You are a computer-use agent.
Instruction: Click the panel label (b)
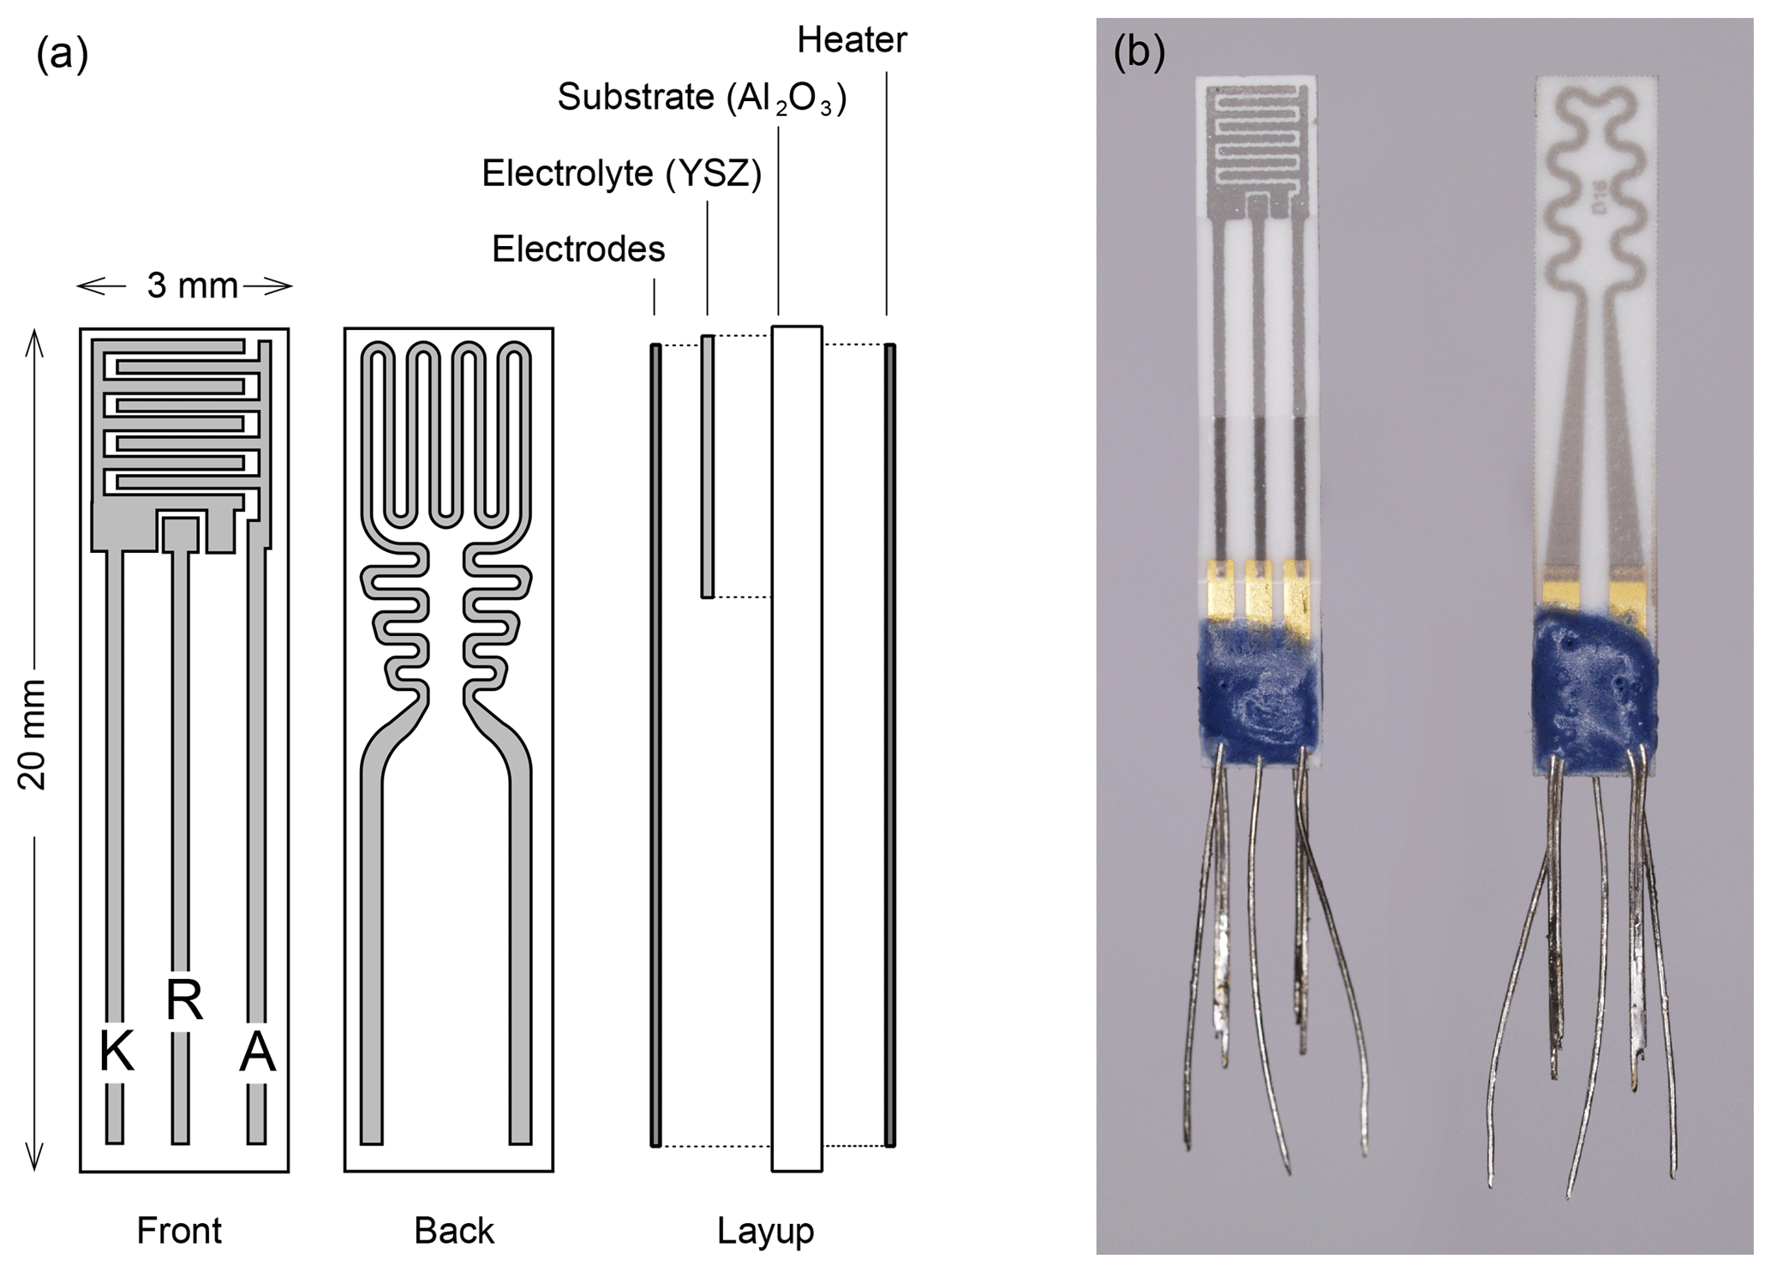click(x=1139, y=53)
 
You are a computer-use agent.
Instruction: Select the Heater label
click(x=851, y=40)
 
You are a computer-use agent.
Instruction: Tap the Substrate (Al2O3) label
click(x=702, y=99)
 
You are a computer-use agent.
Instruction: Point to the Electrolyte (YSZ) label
click(x=621, y=174)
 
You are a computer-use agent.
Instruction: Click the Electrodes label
click(x=578, y=249)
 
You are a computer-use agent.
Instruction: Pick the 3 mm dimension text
click(x=192, y=285)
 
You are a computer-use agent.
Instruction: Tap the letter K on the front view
click(x=117, y=1052)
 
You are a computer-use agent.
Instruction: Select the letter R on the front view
click(x=184, y=999)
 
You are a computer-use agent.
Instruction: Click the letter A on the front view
click(x=257, y=1052)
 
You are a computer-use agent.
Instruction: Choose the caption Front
click(x=179, y=1231)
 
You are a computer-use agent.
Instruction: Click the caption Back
click(x=454, y=1231)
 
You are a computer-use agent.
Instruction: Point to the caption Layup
click(x=765, y=1231)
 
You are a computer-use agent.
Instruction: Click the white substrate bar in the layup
click(x=797, y=746)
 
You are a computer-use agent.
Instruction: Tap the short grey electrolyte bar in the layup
click(x=707, y=467)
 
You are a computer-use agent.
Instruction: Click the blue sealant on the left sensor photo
click(x=1259, y=690)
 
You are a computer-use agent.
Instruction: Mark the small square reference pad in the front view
click(x=181, y=534)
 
